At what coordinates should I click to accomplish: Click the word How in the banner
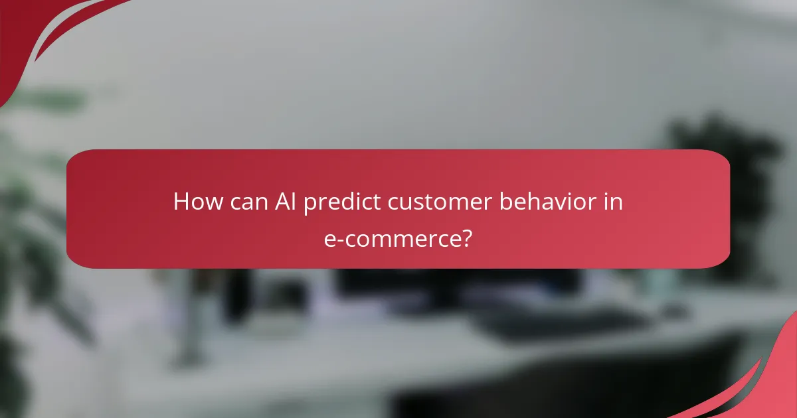click(x=197, y=202)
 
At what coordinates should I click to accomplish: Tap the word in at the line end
click(x=614, y=202)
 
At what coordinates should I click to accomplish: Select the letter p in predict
click(x=309, y=204)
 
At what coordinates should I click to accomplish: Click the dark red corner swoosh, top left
click(x=27, y=33)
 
